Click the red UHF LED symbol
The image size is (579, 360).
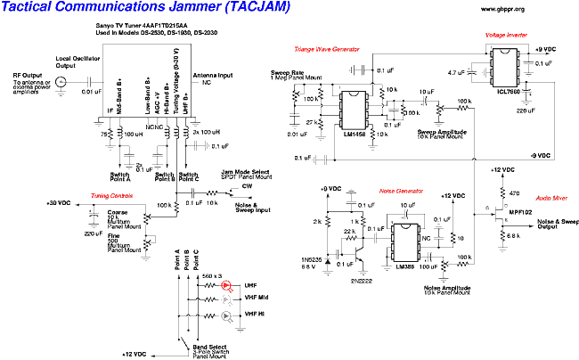tap(227, 285)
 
